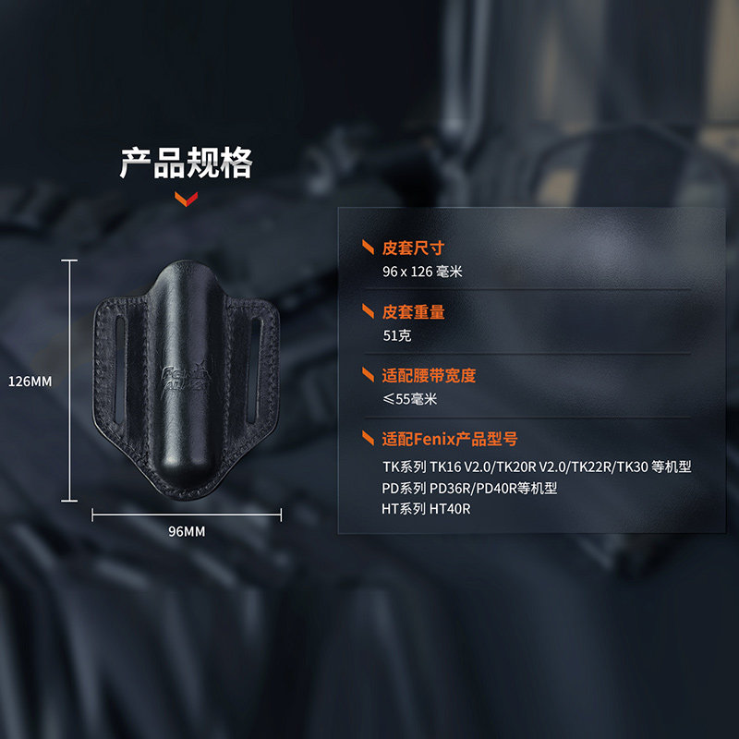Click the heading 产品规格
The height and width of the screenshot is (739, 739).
pos(186,163)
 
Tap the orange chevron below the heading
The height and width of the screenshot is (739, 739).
pos(186,199)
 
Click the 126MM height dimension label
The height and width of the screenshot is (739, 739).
pos(30,381)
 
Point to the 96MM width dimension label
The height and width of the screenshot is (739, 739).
pos(187,531)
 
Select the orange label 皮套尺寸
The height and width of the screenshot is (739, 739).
pos(413,248)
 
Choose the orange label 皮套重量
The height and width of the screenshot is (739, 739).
pos(413,312)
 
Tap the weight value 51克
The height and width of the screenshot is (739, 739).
pos(397,336)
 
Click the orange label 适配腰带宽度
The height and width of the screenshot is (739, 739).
pos(429,376)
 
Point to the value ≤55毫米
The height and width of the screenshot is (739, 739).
pos(409,399)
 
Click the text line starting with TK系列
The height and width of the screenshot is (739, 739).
pos(537,466)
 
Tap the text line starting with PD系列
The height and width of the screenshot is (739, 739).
pos(470,488)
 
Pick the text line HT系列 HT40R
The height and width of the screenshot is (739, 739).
pos(427,509)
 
